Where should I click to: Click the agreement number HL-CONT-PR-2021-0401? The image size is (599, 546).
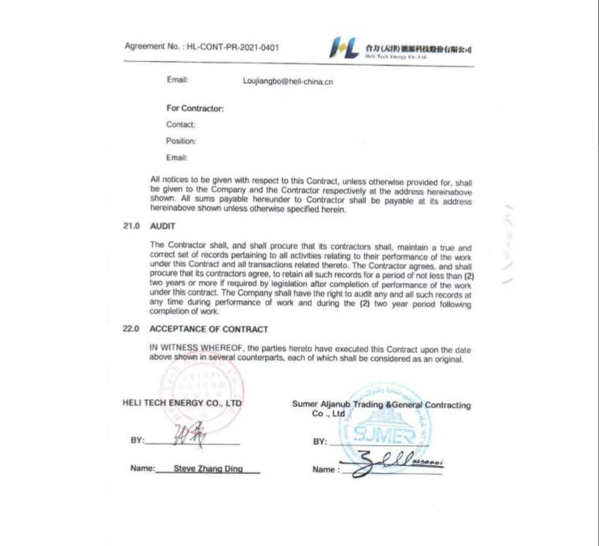233,47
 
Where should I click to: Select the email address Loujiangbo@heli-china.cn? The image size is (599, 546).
287,82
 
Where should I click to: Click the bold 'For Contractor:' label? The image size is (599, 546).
195,108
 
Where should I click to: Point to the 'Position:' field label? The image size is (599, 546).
181,141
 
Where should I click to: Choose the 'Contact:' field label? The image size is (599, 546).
180,125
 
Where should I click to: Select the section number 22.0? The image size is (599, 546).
130,329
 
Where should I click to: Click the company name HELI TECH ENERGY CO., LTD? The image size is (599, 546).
182,403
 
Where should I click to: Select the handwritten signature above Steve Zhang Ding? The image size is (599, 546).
189,436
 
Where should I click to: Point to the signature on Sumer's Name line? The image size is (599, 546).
387,463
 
